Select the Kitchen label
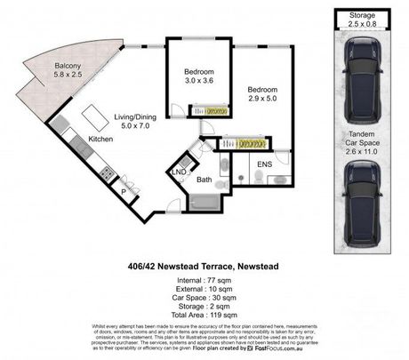tap(99, 139)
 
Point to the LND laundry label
tap(179, 170)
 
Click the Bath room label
tap(204, 179)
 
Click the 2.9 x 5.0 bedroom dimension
tap(264, 100)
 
